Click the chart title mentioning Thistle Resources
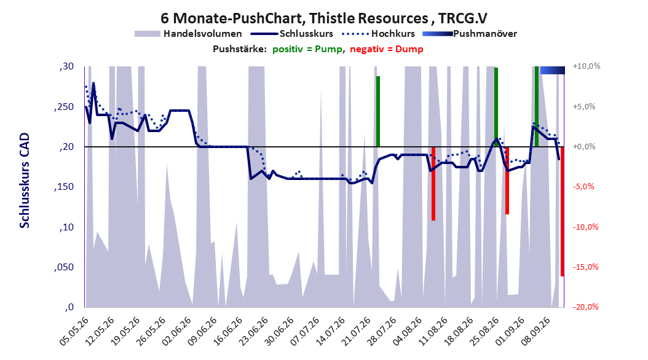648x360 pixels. tap(324, 18)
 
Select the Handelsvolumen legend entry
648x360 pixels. tap(189, 34)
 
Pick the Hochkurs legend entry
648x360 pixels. tap(379, 34)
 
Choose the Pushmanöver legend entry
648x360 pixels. tap(470, 34)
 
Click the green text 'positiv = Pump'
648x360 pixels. tap(307, 49)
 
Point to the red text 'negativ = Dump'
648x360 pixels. tap(387, 49)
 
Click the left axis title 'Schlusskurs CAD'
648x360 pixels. tap(25, 181)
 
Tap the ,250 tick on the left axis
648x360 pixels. tap(64, 107)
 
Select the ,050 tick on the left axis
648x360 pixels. tap(64, 267)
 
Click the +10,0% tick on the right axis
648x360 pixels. tap(587, 66)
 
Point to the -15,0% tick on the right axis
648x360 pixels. tap(585, 267)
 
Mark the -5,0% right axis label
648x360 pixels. tap(583, 187)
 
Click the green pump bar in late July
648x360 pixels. tap(377, 111)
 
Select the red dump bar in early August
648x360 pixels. tap(433, 184)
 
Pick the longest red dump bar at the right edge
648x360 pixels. tap(563, 211)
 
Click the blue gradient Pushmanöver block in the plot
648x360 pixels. tap(553, 70)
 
